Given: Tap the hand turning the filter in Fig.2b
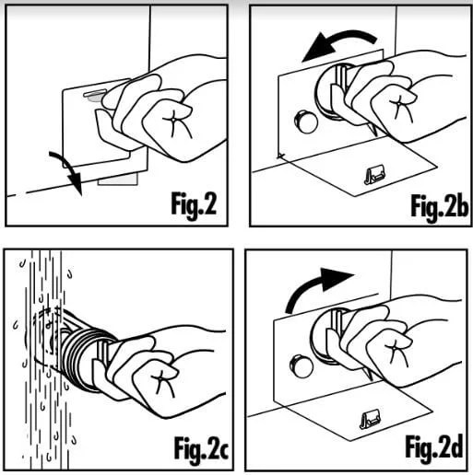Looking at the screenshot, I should coord(396,101).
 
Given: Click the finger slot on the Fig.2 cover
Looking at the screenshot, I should coord(92,92).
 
